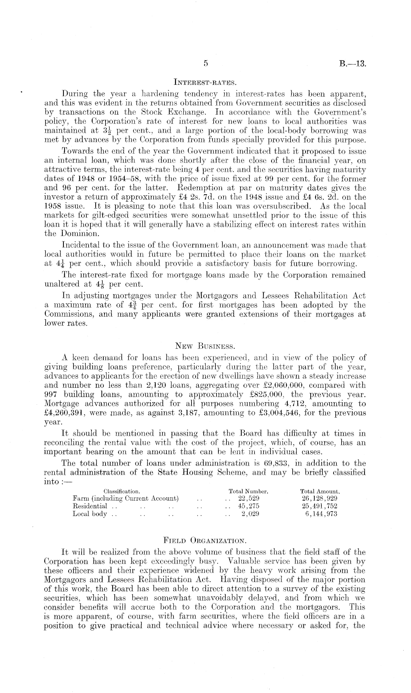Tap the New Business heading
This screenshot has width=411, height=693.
coord(205,346)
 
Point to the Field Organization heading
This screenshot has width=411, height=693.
coord(205,541)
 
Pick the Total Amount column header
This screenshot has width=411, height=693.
coord(320,491)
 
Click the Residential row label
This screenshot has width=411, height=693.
coord(90,506)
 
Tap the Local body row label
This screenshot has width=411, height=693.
coord(90,514)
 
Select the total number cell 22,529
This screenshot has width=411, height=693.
coord(249,499)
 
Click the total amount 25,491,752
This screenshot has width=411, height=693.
coord(320,506)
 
